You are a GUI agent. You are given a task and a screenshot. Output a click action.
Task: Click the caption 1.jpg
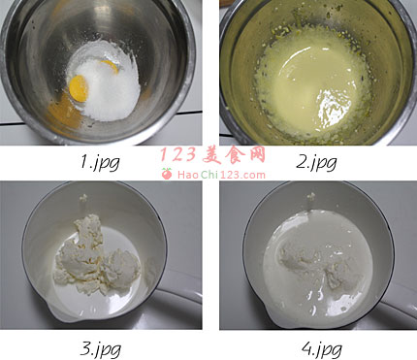coord(100,162)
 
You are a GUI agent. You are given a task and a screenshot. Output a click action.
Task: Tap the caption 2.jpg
coord(316,162)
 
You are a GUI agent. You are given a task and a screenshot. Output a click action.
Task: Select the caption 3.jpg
coord(100,349)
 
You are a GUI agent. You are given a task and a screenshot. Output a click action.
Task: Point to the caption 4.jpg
coord(322,349)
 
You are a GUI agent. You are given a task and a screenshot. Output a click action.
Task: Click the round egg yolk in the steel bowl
coord(79,88)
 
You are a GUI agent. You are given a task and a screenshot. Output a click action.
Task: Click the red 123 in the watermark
coord(178,154)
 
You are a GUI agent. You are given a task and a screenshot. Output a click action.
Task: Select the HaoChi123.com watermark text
coord(221,175)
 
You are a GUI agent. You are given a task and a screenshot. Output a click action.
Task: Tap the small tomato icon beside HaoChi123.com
coord(167,174)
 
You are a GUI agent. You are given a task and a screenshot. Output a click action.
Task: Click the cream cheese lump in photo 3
coord(94,259)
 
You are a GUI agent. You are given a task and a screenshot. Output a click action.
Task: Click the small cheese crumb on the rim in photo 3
coord(83,198)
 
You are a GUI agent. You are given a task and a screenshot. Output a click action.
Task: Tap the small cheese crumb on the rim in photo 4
coord(311,196)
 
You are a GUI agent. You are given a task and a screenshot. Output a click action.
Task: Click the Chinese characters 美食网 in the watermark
coord(234,155)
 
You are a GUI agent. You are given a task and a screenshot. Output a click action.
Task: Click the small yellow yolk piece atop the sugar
coord(110,66)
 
